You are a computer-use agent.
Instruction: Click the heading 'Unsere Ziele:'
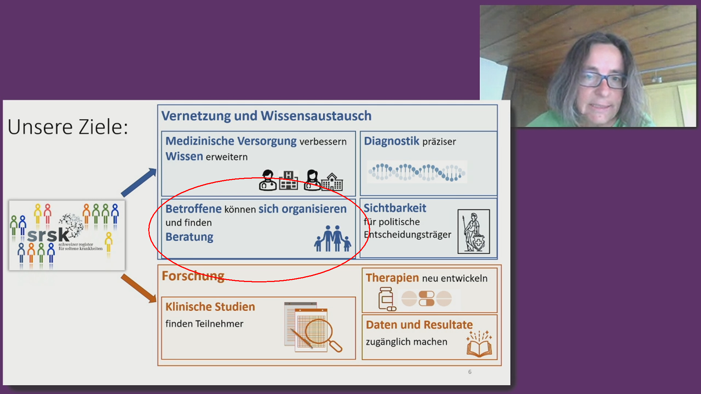point(68,127)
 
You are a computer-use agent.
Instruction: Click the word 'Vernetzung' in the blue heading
point(196,116)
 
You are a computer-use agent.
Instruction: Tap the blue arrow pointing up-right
point(139,182)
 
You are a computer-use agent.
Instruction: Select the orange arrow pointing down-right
point(139,288)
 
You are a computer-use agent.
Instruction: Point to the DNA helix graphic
point(417,172)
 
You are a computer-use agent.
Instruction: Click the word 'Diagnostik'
point(391,141)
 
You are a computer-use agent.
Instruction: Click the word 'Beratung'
point(189,237)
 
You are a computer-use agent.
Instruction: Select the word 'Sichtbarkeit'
point(395,208)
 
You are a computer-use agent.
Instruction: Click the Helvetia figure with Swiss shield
point(474,232)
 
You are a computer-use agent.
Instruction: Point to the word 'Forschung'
point(193,276)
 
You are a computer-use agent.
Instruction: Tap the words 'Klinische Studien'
point(210,307)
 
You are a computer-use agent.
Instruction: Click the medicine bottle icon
point(387,299)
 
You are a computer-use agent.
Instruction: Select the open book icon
point(479,344)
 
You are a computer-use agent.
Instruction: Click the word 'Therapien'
point(392,278)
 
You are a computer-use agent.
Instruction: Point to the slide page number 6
point(470,372)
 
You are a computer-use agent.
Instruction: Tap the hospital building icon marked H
point(288,180)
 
